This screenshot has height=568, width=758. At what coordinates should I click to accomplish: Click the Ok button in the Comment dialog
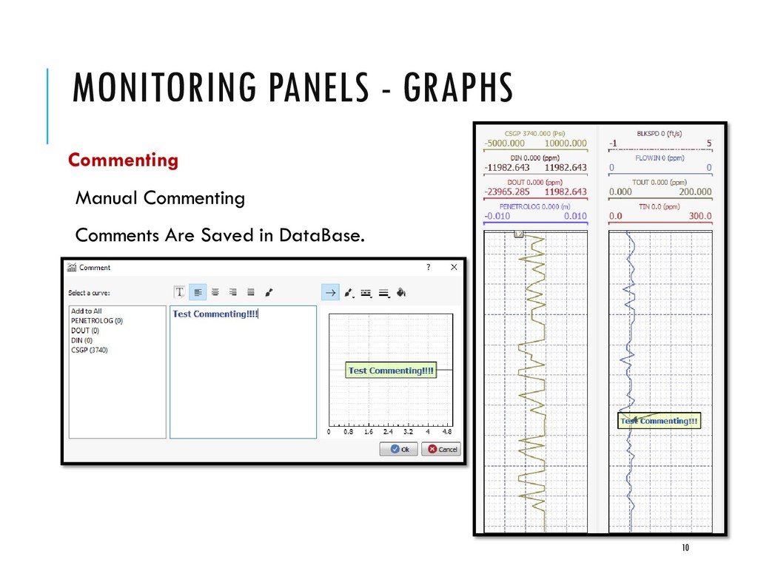(399, 449)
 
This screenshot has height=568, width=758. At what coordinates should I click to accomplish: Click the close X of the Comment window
(454, 267)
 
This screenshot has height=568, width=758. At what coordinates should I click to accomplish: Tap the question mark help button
(427, 267)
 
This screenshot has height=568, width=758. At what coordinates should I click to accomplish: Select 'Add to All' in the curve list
(87, 311)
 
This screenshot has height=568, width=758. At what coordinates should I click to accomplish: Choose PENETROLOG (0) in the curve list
(97, 321)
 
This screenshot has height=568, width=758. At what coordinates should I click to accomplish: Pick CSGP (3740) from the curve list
(90, 350)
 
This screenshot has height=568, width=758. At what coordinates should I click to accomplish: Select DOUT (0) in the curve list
(85, 331)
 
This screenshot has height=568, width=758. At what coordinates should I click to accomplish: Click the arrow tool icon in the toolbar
(329, 293)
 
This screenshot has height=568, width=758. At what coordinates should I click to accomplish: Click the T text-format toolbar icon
(179, 293)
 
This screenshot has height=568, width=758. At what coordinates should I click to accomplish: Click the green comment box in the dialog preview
(391, 371)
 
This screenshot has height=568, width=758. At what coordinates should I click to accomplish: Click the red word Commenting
(123, 160)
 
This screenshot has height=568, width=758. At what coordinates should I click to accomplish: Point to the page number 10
(685, 547)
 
